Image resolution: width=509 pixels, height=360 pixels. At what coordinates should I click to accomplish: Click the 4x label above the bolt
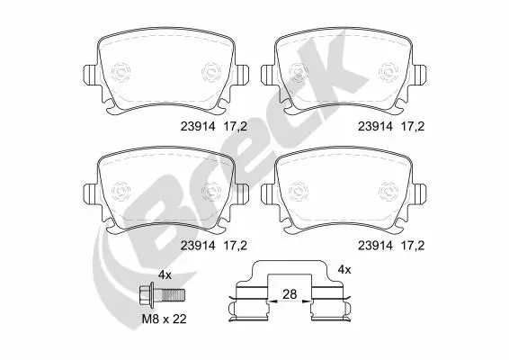(165, 274)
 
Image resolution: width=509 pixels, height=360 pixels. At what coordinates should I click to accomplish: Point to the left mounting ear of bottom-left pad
(87, 193)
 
